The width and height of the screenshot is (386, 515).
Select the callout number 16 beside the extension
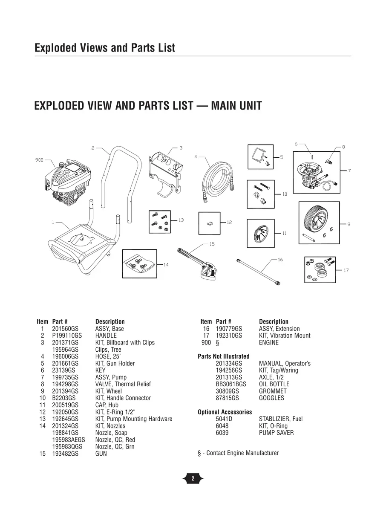pos(280,260)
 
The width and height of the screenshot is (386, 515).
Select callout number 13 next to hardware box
pos(181,220)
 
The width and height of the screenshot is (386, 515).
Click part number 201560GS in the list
pos(65,329)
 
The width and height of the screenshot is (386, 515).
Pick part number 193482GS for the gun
pos(65,454)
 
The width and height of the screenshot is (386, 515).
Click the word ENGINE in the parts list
pos(268,343)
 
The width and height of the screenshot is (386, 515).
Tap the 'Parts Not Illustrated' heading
pos(224,356)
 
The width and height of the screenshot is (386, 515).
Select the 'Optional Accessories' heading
pos(225,412)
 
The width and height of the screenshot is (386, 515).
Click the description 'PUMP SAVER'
pos(276,433)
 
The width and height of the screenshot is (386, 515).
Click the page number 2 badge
pos(193,479)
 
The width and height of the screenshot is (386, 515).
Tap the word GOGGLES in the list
pos(271,398)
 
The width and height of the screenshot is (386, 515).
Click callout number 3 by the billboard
pos(181,148)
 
